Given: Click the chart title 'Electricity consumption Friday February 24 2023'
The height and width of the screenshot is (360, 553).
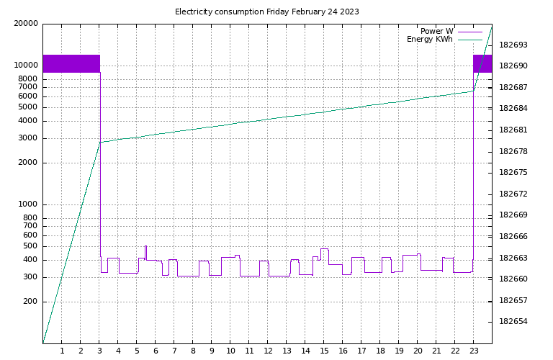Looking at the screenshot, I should point(267,12).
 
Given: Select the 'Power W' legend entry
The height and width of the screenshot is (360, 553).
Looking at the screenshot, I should point(437,31).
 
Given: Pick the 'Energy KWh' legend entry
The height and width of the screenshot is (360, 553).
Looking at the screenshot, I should point(430,40).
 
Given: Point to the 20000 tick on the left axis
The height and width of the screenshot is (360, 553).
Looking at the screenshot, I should point(26,24).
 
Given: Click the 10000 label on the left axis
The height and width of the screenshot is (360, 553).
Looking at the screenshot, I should point(26,66).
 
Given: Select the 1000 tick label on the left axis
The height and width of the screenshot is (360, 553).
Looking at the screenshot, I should point(29,204).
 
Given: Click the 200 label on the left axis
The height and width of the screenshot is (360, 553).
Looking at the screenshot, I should point(31,302).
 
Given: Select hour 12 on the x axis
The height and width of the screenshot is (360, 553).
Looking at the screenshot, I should point(268,351).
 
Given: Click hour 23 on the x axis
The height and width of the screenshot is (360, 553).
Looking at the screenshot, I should point(474,351).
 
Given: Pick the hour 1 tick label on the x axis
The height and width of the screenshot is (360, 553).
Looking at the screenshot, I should point(62,351).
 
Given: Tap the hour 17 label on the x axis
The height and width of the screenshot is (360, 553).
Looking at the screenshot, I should point(361,351).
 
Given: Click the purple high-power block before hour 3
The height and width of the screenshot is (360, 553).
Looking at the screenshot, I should point(71,63).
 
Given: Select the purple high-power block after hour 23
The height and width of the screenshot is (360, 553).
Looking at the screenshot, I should point(482,63).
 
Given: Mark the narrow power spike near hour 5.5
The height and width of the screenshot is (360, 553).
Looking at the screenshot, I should point(145,252).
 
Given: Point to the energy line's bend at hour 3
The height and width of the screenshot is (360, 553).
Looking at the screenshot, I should point(100,142).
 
